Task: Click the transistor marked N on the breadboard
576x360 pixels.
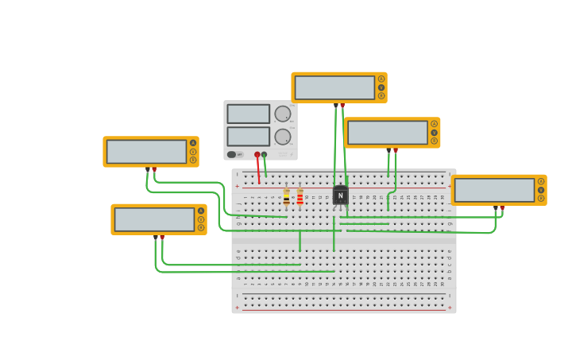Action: tap(340, 195)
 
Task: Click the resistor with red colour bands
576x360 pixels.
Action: tap(300, 196)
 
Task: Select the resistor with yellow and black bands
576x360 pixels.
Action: tap(287, 196)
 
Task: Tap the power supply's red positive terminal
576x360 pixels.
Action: tap(257, 154)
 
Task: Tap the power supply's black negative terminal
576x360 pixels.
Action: tap(265, 154)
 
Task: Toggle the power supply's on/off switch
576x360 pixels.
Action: tap(232, 154)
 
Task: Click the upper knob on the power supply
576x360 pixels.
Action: tap(282, 114)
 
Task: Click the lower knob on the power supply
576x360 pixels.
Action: tap(282, 136)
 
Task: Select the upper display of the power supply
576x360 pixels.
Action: tap(248, 114)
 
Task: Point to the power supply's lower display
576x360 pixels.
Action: tap(248, 136)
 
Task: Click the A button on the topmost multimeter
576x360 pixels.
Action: tap(381, 79)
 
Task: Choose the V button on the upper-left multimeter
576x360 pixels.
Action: tap(193, 151)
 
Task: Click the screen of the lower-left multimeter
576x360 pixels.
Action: tap(154, 219)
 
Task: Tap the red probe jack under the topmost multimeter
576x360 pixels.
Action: tap(342, 105)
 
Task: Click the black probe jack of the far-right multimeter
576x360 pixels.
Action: tap(495, 207)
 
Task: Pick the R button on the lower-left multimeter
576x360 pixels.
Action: tap(201, 227)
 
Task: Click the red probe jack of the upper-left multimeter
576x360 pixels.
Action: tap(154, 169)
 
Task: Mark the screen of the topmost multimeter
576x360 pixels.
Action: tap(334, 87)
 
